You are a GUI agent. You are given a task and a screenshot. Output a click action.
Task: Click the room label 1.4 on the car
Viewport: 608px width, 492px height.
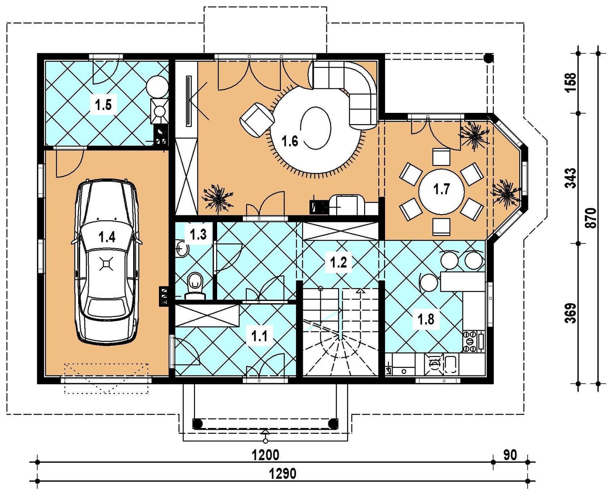coord(107,237)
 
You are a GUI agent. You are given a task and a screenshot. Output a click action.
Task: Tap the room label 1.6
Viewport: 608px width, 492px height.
coord(290,141)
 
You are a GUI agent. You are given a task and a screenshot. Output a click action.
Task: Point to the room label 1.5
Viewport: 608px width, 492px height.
coord(103,105)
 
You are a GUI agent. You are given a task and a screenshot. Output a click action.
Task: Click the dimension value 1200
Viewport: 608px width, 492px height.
coord(266,455)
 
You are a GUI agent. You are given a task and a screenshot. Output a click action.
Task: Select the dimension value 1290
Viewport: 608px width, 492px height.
coord(283,473)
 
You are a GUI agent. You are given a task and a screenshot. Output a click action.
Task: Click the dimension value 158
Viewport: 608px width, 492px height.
coord(570,83)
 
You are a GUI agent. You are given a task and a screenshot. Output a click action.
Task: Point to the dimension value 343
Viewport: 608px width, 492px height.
coord(570,178)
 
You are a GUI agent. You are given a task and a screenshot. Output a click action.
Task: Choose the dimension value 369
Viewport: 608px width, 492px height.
coord(570,313)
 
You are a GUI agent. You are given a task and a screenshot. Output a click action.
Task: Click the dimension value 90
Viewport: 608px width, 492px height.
coord(510,455)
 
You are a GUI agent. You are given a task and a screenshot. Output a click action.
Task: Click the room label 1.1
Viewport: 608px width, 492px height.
coord(259,336)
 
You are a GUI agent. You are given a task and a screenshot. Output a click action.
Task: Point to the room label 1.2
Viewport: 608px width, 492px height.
coord(338,262)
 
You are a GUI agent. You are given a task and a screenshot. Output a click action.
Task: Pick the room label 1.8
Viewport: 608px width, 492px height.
coord(426,319)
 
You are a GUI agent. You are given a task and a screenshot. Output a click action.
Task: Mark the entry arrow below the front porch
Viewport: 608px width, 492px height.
coord(266,436)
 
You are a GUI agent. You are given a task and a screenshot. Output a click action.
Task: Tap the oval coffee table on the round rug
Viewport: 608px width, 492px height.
coord(316,128)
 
